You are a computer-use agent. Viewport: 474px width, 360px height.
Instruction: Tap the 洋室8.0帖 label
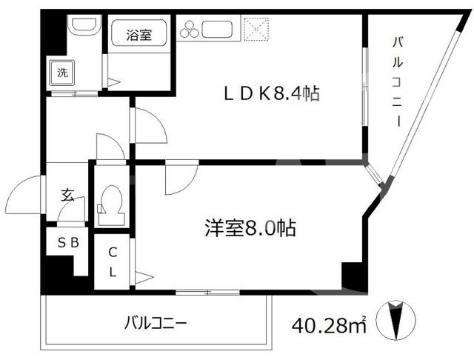click(250, 229)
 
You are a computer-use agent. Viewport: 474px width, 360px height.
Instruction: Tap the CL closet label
click(113, 261)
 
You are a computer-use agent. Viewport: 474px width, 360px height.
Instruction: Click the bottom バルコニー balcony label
click(156, 323)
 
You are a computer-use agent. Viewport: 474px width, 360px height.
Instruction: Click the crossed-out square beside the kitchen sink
click(258, 29)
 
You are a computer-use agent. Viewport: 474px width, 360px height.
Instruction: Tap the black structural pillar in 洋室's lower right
click(353, 275)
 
